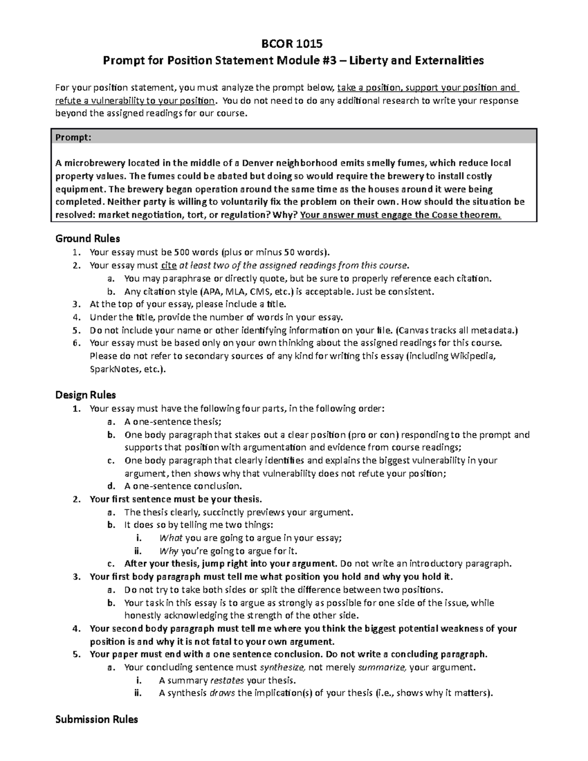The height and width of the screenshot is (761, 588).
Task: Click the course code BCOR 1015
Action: [294, 44]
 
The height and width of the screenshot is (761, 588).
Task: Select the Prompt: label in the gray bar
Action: [73, 138]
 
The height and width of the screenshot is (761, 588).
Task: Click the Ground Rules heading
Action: [88, 239]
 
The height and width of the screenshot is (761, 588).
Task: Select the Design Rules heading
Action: [86, 395]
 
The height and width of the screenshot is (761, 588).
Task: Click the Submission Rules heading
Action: [97, 719]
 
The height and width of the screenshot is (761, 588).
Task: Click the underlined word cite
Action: [168, 266]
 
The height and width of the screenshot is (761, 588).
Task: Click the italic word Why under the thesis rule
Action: [169, 551]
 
